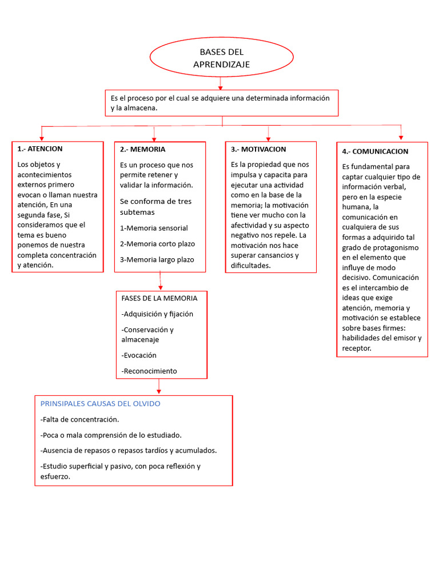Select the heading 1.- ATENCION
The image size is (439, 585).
click(40, 149)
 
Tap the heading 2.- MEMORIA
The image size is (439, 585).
click(142, 149)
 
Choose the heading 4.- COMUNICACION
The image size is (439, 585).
click(375, 151)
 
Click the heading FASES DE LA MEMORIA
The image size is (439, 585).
click(159, 298)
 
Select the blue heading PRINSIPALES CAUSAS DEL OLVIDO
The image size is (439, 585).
click(101, 404)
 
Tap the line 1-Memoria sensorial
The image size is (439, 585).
click(154, 228)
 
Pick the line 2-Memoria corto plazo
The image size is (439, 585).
click(157, 244)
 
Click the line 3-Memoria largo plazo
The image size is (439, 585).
click(157, 260)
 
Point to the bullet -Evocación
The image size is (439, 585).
click(139, 355)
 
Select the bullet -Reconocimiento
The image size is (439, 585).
click(149, 371)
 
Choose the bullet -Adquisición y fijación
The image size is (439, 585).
click(157, 314)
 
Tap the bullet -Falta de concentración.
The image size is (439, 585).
click(80, 420)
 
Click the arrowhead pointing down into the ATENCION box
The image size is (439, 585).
click(42, 138)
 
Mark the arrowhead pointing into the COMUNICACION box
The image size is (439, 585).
click(401, 137)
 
